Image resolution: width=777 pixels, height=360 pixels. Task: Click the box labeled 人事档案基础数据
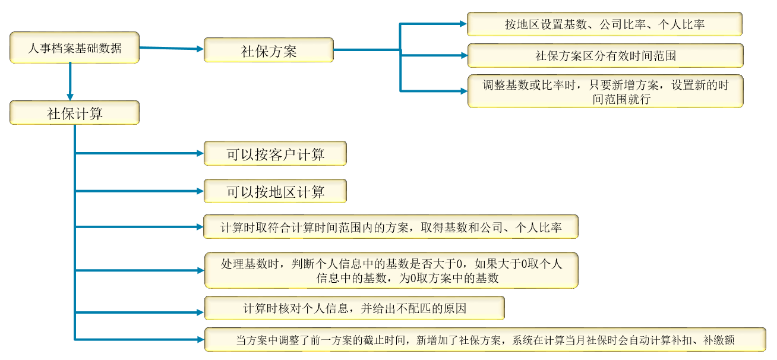[x=75, y=48]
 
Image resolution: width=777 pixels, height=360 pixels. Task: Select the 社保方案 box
[x=269, y=50]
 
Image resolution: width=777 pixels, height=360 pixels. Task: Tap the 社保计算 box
[x=75, y=113]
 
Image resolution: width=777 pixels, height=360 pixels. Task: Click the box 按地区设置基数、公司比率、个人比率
[x=605, y=24]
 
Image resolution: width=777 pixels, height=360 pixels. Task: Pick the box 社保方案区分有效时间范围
[x=606, y=55]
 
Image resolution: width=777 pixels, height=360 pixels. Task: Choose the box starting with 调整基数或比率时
[x=606, y=91]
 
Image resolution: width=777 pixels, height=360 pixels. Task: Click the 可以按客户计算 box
[x=276, y=153]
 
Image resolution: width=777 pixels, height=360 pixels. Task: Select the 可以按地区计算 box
[x=276, y=191]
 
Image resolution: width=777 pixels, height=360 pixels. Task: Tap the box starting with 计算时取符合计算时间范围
[x=391, y=227]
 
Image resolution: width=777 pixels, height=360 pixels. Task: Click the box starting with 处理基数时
[x=391, y=270]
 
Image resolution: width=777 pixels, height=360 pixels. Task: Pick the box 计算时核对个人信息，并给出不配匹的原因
[x=355, y=308]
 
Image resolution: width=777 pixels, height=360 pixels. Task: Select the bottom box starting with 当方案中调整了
[x=485, y=340]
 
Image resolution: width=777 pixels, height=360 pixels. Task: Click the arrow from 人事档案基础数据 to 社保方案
[x=172, y=48]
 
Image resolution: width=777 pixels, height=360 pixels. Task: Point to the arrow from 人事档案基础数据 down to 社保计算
[x=70, y=81]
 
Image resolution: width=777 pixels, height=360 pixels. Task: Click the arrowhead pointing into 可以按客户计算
[x=200, y=153]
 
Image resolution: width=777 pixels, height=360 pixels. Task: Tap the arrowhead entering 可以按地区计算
[x=200, y=191]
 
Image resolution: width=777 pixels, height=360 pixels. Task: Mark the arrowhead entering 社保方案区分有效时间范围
[x=464, y=55]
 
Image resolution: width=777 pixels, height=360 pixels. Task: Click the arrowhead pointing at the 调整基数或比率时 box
[x=464, y=91]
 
